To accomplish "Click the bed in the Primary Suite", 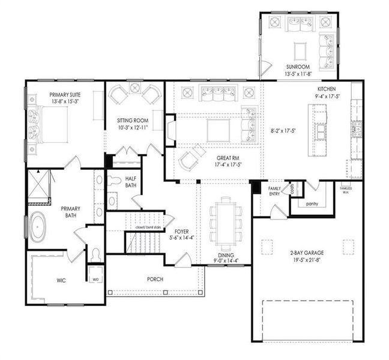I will point(52,123).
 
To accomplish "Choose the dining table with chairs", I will point(226,221).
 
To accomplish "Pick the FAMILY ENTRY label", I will point(274,191).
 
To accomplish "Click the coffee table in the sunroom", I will point(300,49).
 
